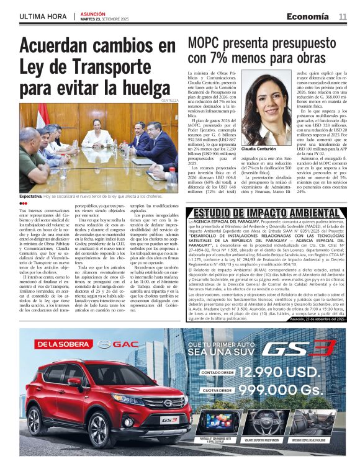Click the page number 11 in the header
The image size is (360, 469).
[342, 16]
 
